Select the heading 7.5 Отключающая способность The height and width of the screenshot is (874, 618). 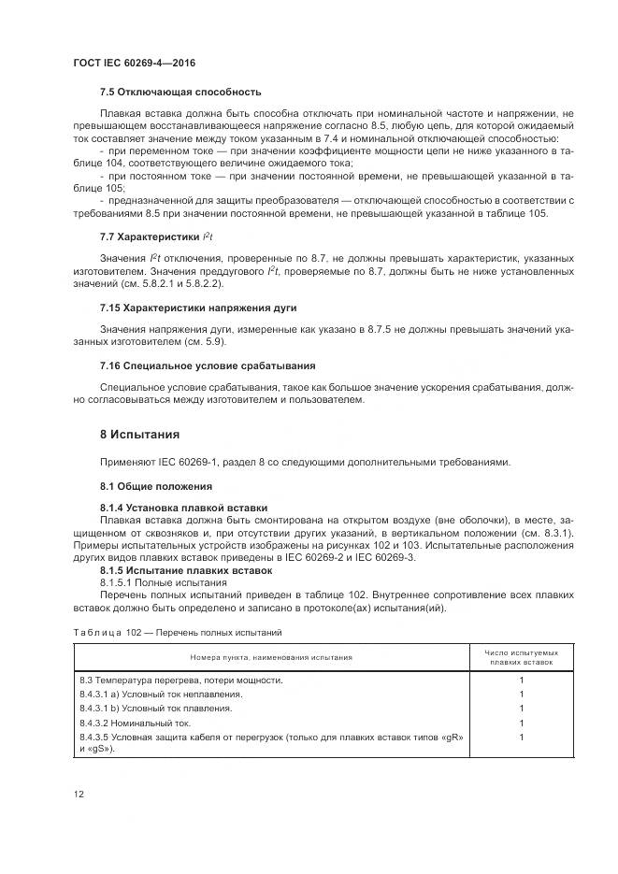tap(180, 92)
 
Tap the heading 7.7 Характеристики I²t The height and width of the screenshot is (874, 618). tap(157, 238)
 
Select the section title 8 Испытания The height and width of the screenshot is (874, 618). tap(140, 435)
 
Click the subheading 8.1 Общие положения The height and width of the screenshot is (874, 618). tap(156, 486)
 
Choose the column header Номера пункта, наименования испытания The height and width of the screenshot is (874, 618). tap(272, 657)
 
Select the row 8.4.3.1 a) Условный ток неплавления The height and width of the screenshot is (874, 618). tap(162, 694)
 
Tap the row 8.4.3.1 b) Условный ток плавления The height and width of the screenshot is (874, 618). tap(156, 708)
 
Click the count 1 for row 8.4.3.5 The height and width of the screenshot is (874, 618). tap(521, 737)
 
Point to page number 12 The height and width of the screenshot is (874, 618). tap(79, 794)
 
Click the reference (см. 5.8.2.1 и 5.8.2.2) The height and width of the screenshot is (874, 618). tap(178, 282)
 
